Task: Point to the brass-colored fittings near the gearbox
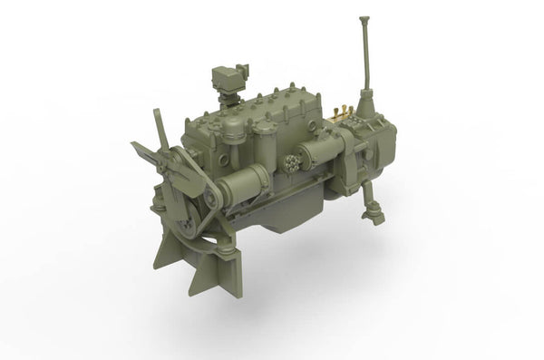pyautogui.click(x=342, y=113)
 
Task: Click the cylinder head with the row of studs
pyautogui.click(x=272, y=113)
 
